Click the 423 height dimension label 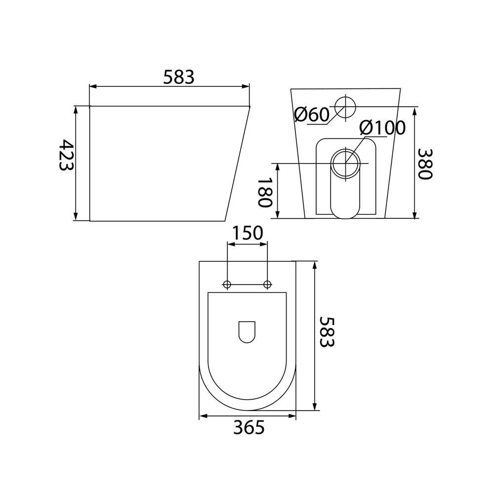67,155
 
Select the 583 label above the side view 179,77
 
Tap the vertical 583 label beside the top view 327,332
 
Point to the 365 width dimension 249,428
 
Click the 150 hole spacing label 247,233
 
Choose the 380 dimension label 425,164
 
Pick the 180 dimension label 265,193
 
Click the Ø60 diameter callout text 312,115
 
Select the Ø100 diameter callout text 382,127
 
